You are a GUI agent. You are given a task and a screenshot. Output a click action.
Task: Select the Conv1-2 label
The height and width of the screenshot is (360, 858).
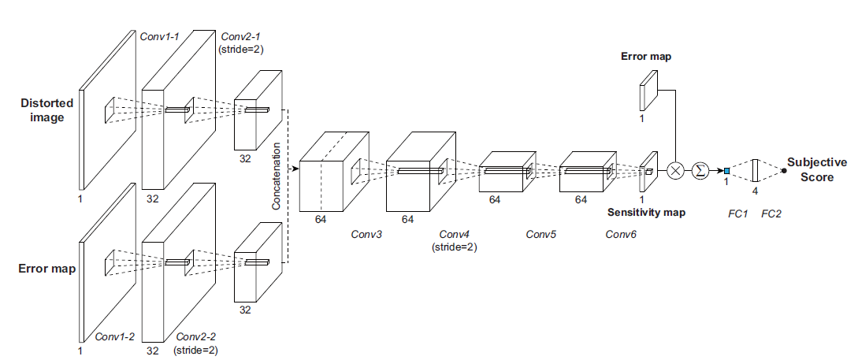click(114, 336)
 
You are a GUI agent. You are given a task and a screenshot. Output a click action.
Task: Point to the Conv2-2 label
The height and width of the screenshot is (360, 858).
click(196, 336)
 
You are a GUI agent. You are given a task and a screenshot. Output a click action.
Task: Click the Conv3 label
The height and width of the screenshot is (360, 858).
click(366, 235)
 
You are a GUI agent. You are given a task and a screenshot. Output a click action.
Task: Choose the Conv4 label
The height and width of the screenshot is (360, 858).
click(454, 235)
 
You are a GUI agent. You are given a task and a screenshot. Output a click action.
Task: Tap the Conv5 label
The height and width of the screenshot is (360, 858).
click(541, 235)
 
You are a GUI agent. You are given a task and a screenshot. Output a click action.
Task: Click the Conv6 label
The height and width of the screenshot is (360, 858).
click(621, 235)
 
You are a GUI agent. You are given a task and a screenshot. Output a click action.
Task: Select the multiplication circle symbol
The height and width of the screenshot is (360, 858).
click(675, 171)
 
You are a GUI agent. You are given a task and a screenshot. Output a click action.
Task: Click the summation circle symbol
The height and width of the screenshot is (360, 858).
click(700, 171)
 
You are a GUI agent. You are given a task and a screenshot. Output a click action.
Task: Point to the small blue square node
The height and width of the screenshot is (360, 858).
click(726, 171)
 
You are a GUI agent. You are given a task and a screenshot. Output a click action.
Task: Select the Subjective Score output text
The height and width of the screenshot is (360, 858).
click(817, 169)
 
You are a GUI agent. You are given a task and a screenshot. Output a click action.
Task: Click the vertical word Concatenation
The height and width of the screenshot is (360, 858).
click(277, 176)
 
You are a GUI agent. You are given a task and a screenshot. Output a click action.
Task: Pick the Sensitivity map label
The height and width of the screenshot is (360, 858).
click(647, 213)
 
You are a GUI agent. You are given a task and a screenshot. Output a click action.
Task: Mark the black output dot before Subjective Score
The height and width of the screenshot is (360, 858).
click(783, 170)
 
